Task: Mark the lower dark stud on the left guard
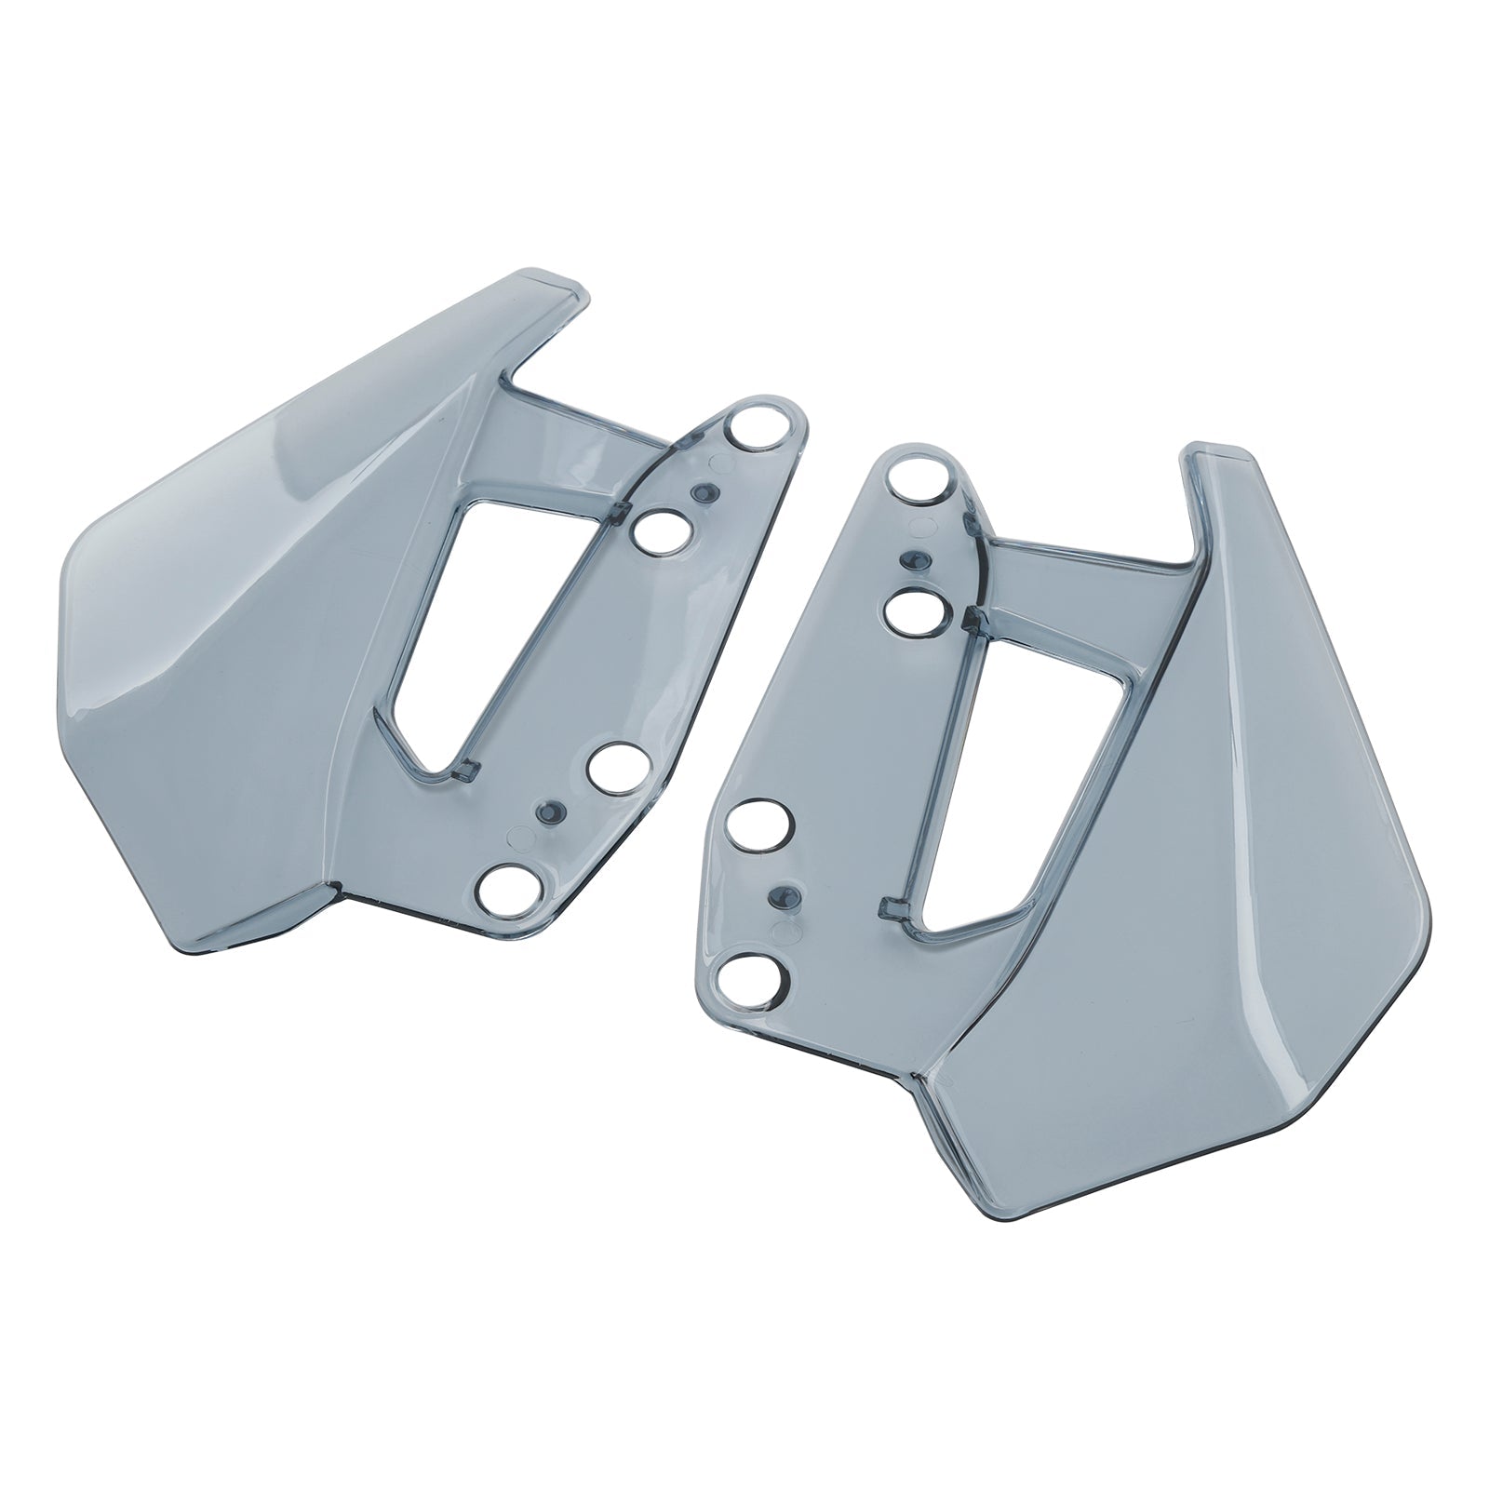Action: coord(548,811)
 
